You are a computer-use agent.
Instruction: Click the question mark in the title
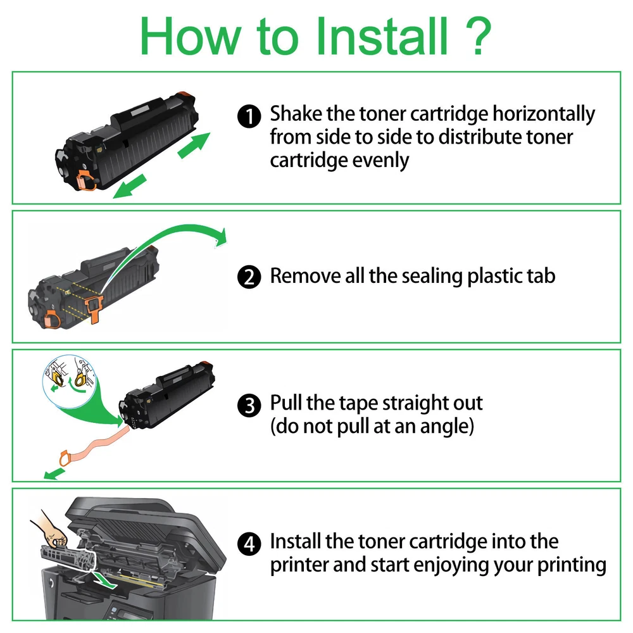point(479,35)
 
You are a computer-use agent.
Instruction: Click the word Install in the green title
point(382,35)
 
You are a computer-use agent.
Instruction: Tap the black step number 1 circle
point(249,116)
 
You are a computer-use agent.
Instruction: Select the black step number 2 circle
point(249,277)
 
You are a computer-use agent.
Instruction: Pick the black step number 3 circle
point(249,405)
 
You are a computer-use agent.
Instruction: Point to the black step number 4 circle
point(249,544)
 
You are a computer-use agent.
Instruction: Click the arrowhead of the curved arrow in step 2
point(221,237)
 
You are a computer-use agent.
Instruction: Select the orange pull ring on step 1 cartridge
point(86,180)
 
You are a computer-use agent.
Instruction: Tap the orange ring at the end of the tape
point(65,458)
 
